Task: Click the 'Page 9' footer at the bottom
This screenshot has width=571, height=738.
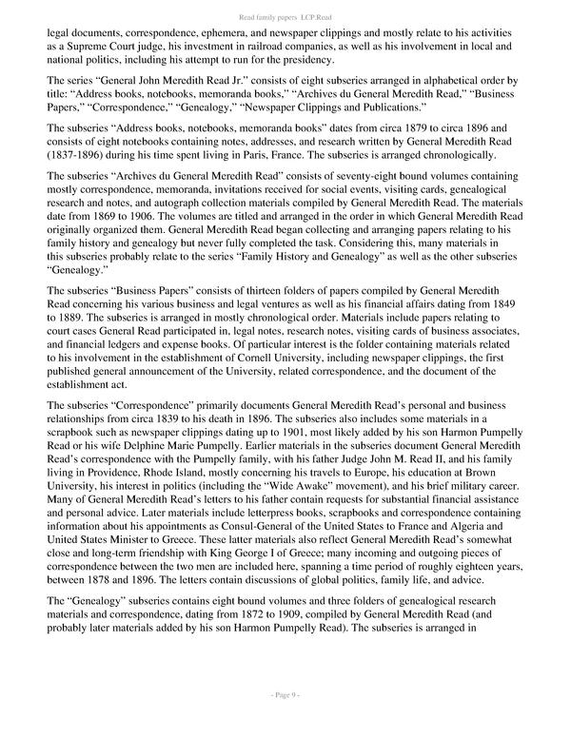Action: pyautogui.click(x=285, y=722)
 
